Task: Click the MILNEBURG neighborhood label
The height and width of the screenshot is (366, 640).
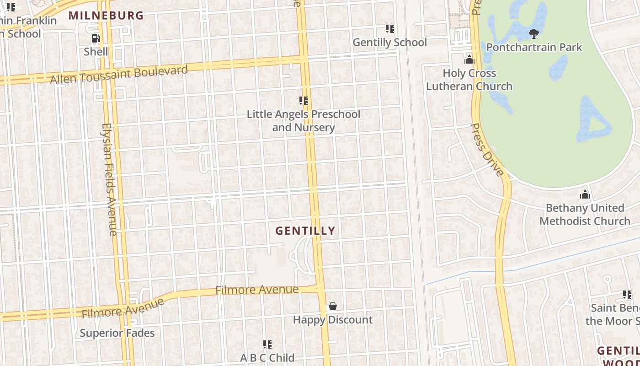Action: click(x=106, y=16)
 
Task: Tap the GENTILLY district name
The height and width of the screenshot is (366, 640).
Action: click(x=305, y=231)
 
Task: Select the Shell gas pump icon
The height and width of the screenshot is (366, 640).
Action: click(x=96, y=39)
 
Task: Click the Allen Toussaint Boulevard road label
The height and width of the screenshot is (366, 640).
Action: click(x=119, y=75)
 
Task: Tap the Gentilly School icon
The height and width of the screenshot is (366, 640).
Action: click(x=390, y=29)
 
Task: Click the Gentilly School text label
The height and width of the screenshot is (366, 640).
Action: click(x=390, y=43)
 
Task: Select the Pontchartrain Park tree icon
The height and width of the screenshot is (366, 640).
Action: click(x=533, y=33)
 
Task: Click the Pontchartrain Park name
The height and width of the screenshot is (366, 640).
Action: click(x=534, y=47)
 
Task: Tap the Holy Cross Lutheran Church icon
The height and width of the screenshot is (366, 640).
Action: click(x=469, y=59)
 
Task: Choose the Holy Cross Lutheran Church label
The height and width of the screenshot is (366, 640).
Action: click(x=469, y=80)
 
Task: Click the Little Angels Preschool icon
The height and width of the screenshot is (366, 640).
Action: click(x=304, y=101)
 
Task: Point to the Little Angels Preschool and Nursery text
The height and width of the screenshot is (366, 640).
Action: click(x=304, y=121)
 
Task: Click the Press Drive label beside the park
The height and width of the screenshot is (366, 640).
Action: click(x=487, y=150)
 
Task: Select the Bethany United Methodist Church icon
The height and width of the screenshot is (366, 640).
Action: click(x=585, y=194)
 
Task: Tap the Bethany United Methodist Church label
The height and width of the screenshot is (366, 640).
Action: click(x=585, y=215)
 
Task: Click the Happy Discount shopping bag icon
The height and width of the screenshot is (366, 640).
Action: click(x=333, y=306)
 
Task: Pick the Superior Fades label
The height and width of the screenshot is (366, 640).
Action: click(x=117, y=333)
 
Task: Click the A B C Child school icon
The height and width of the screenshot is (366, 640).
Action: click(x=267, y=344)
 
